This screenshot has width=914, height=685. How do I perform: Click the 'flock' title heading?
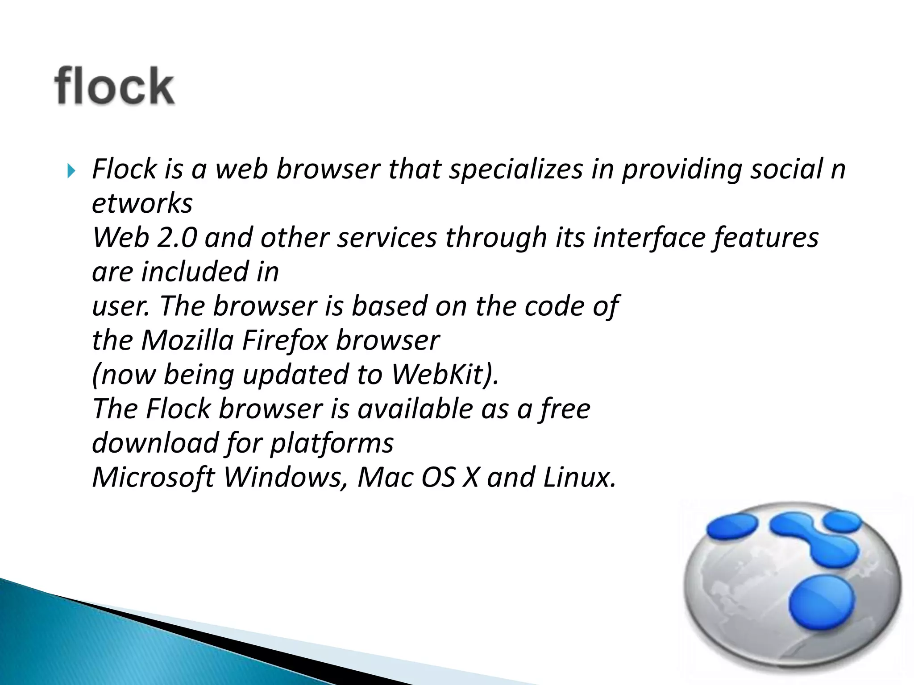114,86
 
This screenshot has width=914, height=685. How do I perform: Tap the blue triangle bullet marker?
71,170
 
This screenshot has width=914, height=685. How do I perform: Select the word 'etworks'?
142,204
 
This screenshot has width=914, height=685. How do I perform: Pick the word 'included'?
195,272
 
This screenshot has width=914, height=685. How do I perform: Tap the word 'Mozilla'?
187,341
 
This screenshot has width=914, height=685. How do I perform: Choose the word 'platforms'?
332,444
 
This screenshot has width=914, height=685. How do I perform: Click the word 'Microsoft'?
154,478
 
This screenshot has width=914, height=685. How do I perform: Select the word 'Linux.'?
580,478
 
